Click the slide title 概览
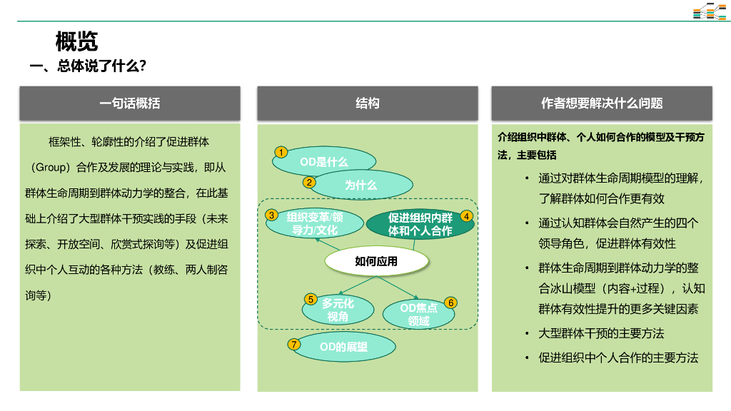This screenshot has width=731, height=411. [76, 41]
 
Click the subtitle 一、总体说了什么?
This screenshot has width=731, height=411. [88, 66]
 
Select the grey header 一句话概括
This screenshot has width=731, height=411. [130, 103]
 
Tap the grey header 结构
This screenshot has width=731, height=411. [368, 103]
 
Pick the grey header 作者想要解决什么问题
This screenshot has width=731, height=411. [602, 103]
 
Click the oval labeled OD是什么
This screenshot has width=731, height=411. [324, 162]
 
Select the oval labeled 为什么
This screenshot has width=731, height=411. [361, 185]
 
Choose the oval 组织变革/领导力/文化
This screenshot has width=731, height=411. [315, 223]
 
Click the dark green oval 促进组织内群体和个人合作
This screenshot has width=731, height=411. [420, 224]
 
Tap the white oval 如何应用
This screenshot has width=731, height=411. [376, 261]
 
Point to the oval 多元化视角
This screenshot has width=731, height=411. [338, 309]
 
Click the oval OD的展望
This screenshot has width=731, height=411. [343, 347]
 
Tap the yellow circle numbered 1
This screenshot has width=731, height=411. [281, 152]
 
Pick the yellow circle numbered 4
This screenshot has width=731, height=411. [466, 215]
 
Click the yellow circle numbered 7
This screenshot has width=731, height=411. [294, 344]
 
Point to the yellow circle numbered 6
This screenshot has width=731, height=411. [450, 303]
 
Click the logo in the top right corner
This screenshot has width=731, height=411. [709, 11]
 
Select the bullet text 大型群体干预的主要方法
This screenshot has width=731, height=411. [601, 333]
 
